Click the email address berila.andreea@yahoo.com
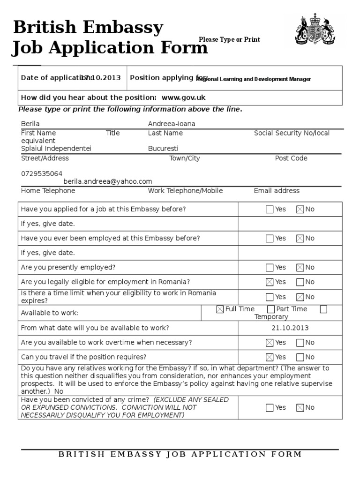(108, 181)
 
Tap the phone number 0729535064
(42, 173)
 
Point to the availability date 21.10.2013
(290, 328)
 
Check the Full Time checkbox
(220, 309)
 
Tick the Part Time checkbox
(271, 309)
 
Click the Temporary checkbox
(323, 309)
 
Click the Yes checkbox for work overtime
(270, 343)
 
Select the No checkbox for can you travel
(300, 357)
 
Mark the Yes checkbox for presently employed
(270, 268)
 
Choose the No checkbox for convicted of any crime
(300, 408)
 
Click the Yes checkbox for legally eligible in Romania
(270, 282)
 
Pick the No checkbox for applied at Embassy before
(300, 210)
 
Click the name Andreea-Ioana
(172, 124)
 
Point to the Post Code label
(291, 158)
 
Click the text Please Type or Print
(229, 40)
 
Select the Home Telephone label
(48, 191)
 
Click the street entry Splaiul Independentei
(56, 149)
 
